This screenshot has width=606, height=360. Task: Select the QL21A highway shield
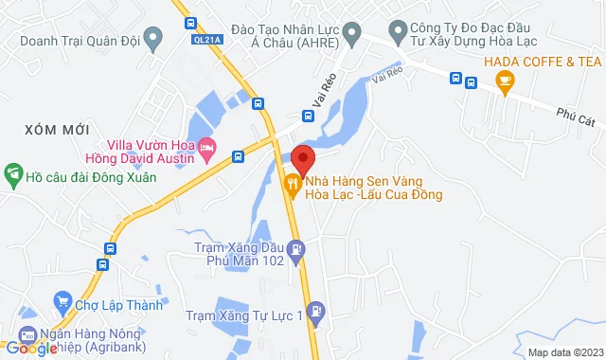point(205,38)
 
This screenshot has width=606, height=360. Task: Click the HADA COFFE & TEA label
point(543,62)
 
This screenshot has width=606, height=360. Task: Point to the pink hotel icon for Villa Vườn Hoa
point(208,150)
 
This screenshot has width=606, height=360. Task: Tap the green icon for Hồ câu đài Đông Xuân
point(13,175)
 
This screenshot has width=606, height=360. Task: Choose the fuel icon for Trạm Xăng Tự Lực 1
point(315,309)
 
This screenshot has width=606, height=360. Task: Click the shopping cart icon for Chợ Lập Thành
point(63,305)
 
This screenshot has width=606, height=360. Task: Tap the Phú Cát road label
point(576,115)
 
